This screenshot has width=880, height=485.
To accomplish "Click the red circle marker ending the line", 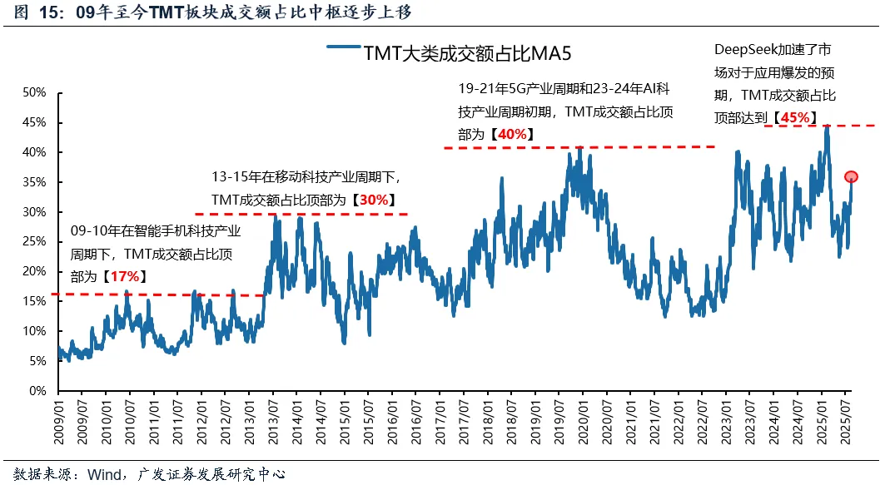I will tap(851, 176).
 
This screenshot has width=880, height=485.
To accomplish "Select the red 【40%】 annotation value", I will tap(510, 134).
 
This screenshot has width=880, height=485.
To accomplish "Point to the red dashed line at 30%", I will tap(300, 214).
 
